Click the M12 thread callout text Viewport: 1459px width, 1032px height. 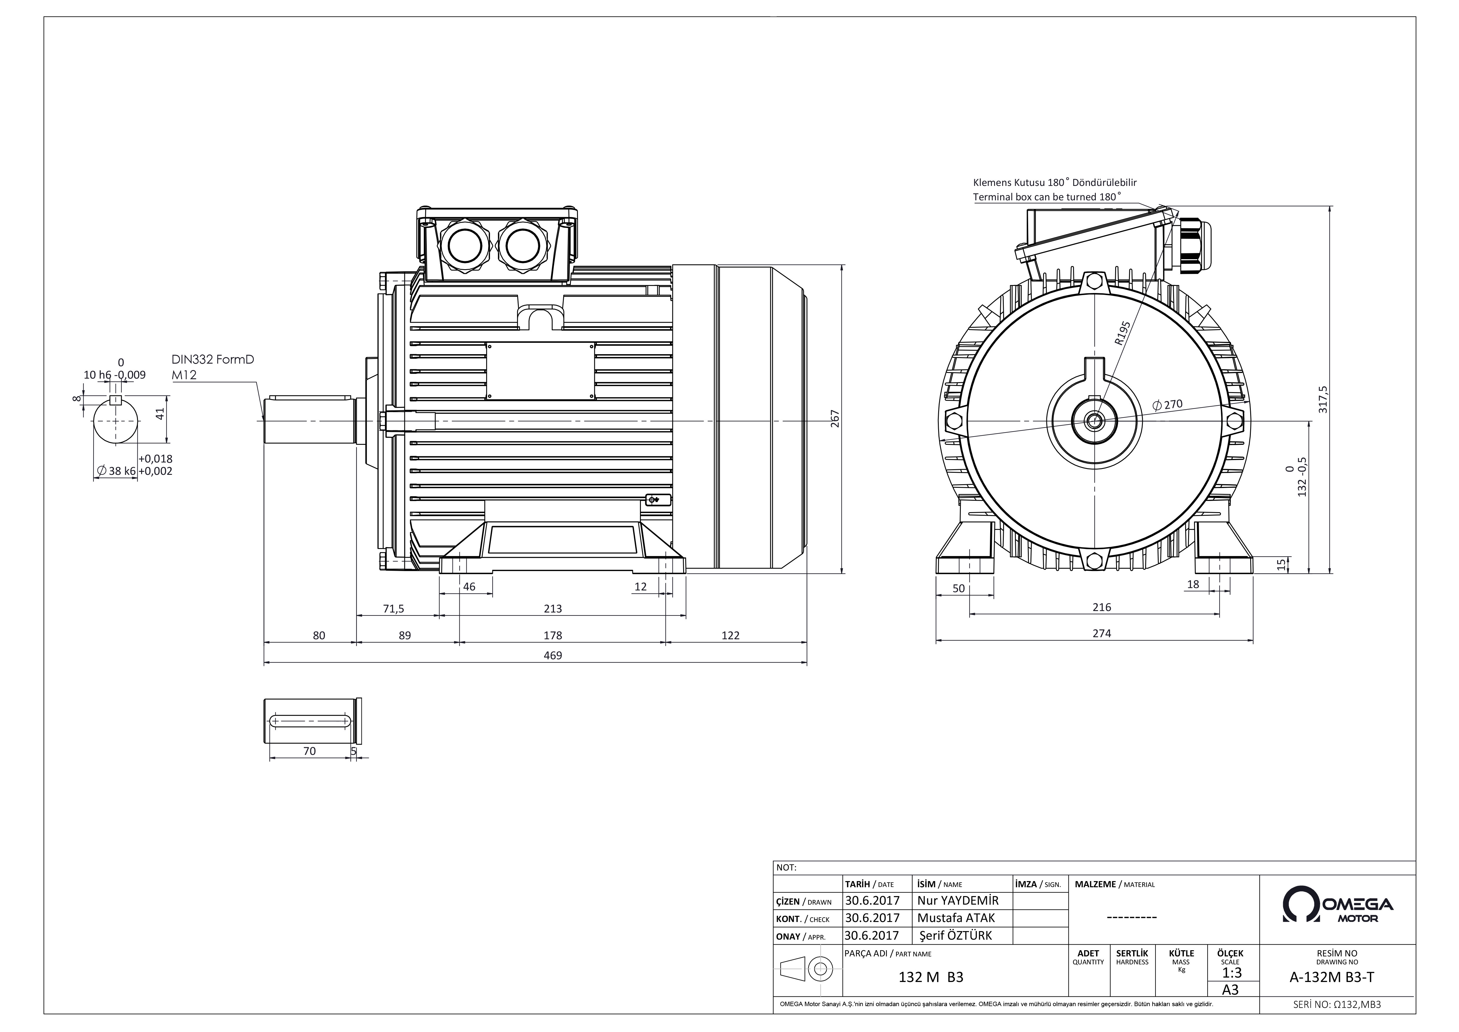coord(184,375)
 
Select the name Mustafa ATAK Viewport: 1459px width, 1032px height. coord(956,918)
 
